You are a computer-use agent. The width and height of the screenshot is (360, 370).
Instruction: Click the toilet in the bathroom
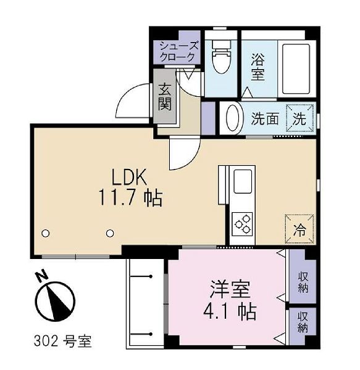(221, 56)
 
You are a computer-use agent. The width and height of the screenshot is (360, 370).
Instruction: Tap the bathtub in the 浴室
(297, 68)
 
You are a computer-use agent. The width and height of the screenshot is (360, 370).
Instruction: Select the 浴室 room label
(257, 67)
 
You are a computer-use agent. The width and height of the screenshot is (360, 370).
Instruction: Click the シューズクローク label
(178, 51)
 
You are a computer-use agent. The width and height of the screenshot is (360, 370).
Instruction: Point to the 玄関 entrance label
(165, 97)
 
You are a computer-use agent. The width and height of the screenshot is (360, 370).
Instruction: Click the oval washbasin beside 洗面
(232, 118)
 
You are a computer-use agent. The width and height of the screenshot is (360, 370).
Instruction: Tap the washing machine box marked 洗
(300, 118)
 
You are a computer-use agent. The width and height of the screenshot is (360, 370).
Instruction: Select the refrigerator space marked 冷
(299, 229)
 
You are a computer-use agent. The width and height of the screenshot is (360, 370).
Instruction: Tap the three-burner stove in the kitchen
(242, 224)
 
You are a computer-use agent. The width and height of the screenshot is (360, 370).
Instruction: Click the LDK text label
(129, 177)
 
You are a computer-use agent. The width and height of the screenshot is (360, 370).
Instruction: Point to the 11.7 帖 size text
(130, 198)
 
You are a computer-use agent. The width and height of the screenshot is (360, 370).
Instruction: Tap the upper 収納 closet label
(303, 282)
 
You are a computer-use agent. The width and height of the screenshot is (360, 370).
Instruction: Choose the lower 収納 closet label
(303, 322)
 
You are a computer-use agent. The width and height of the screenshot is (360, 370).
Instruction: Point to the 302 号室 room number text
(62, 341)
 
